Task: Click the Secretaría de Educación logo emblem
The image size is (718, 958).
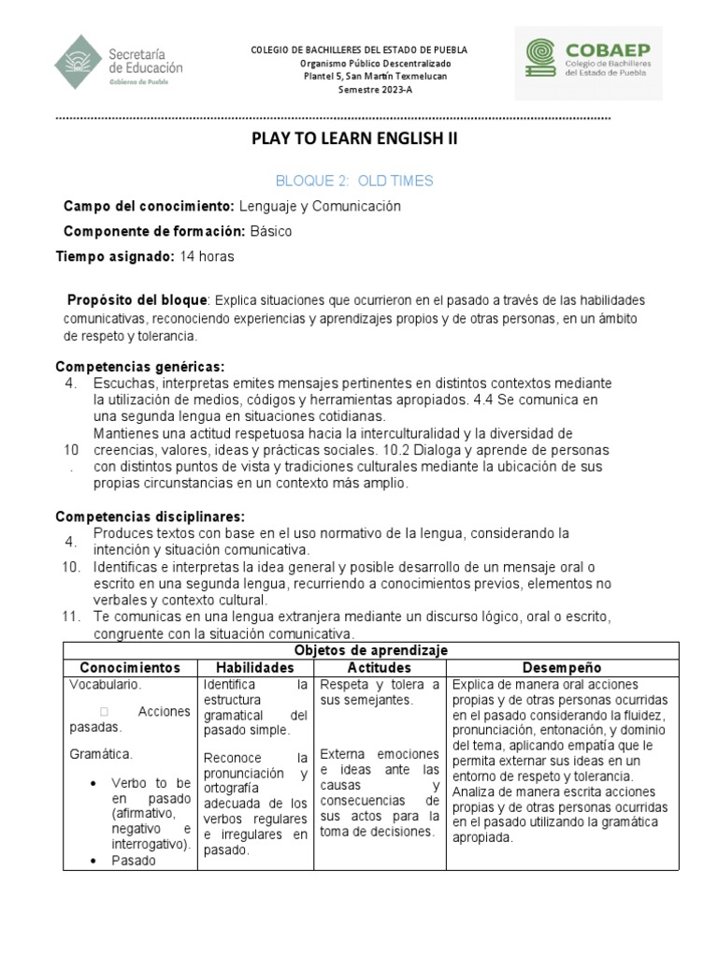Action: pos(79,61)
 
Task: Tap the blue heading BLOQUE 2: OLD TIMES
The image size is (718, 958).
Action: pos(354,181)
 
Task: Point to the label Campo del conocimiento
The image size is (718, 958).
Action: pos(148,206)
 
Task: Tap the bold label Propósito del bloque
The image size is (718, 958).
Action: pos(136,300)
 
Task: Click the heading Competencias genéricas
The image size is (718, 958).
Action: pos(140,366)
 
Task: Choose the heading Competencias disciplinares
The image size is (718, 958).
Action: pos(151,516)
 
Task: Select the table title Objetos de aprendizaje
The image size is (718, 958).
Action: pos(371,649)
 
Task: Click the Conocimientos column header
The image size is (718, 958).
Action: pos(130,667)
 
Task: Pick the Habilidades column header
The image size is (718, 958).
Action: pos(255,667)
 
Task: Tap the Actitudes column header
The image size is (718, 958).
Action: pos(379,667)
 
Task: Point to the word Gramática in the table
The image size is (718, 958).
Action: pos(101,753)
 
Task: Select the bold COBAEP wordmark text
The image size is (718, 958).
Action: pos(608,50)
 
